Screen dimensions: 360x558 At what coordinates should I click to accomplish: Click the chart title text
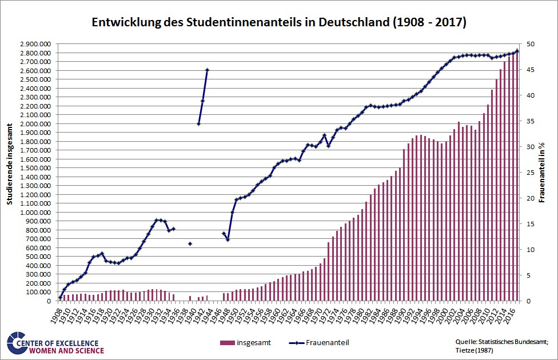pos(278,23)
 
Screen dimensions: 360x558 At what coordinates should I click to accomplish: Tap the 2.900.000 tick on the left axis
pos(35,44)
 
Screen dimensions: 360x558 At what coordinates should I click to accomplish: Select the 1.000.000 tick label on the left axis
pos(35,213)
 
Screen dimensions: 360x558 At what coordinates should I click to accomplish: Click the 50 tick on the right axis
pos(531,44)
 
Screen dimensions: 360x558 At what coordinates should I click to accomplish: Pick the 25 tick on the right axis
pos(531,173)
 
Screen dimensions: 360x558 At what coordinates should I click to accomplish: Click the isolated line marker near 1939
pos(190,244)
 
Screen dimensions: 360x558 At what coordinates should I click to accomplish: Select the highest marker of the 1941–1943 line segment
pos(207,70)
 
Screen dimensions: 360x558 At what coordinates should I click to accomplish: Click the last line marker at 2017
pos(517,51)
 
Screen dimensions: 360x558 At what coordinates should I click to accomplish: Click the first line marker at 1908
pos(60,298)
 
